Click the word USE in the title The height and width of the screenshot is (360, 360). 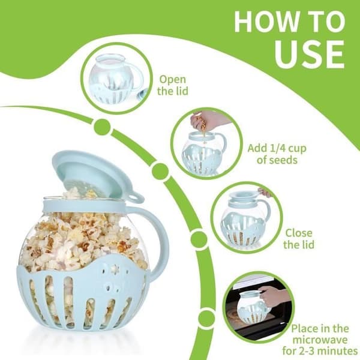pos(310,54)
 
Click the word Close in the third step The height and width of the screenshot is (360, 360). pos(299,233)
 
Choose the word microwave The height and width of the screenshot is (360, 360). pos(320,340)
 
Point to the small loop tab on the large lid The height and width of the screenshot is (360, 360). pos(136,197)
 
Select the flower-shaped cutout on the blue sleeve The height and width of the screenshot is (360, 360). pos(113,268)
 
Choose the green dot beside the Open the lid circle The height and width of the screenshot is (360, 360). pos(102,127)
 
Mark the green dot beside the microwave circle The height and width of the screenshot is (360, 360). pos(206,318)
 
